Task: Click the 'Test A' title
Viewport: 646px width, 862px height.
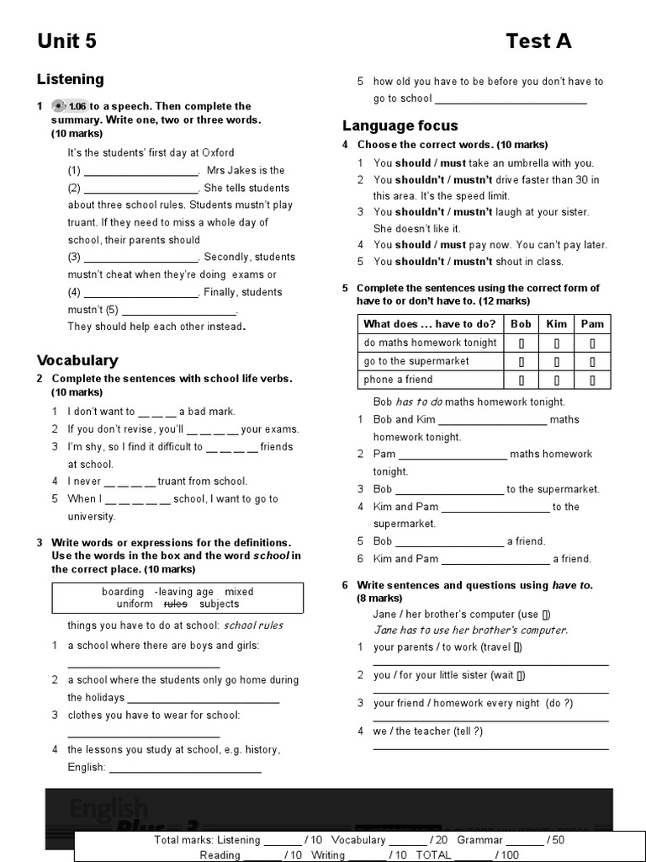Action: point(538,41)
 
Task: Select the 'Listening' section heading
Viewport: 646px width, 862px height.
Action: point(71,79)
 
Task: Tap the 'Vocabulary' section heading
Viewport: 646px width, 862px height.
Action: point(77,360)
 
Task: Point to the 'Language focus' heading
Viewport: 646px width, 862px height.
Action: point(400,125)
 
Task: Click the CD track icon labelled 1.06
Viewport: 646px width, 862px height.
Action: point(69,106)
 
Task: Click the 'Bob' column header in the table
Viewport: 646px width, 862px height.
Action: point(521,324)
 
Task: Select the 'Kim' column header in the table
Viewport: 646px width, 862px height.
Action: point(557,324)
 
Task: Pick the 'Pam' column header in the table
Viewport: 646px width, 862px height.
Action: point(592,324)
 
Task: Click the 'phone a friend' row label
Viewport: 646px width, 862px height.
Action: point(398,380)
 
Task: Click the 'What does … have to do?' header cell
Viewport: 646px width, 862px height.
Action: point(429,324)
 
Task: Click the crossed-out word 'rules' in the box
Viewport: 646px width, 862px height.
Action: point(175,604)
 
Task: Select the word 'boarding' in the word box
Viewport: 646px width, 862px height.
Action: point(123,592)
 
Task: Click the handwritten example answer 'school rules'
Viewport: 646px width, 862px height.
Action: point(253,625)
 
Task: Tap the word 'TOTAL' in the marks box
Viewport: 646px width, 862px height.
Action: point(433,854)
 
